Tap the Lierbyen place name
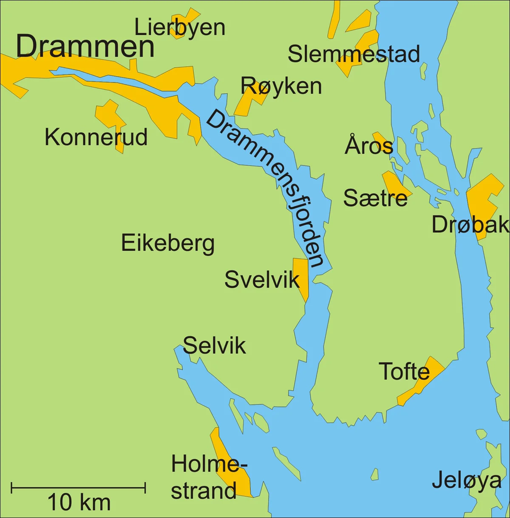(179, 28)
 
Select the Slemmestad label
(354, 54)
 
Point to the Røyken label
(281, 86)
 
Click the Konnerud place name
(96, 137)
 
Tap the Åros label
(368, 146)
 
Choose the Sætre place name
(375, 198)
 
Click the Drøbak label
(470, 224)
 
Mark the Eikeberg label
(168, 243)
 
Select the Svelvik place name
(262, 280)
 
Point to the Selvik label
(214, 345)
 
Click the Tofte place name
(404, 372)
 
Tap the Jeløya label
(467, 481)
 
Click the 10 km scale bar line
(78, 488)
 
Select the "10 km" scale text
(79, 503)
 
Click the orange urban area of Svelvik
(301, 272)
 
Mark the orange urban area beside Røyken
(246, 104)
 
